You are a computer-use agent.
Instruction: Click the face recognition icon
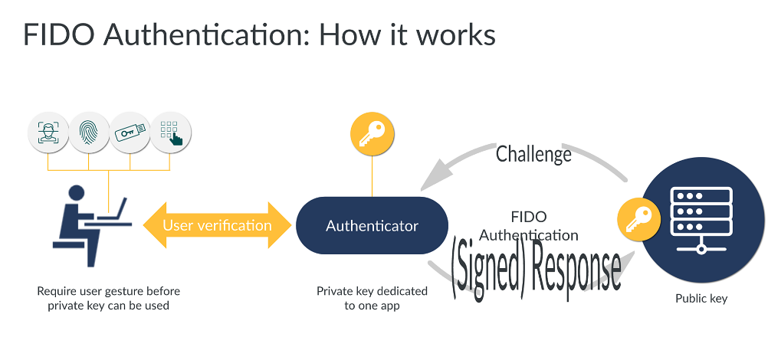coord(48,133)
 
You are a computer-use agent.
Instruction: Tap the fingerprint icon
coord(89,133)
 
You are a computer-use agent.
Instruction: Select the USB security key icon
coord(130,133)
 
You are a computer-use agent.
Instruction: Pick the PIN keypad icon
coord(170,133)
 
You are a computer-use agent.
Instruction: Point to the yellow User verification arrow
coord(217,225)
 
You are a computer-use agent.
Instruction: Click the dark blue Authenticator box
coord(372,226)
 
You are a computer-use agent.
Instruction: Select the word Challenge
coord(533,154)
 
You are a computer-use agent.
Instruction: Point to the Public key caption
coord(701,299)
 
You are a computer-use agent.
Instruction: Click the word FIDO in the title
coord(58,35)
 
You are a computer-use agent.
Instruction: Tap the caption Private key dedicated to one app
coord(372,299)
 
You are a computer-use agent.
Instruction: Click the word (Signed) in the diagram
coord(487,267)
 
